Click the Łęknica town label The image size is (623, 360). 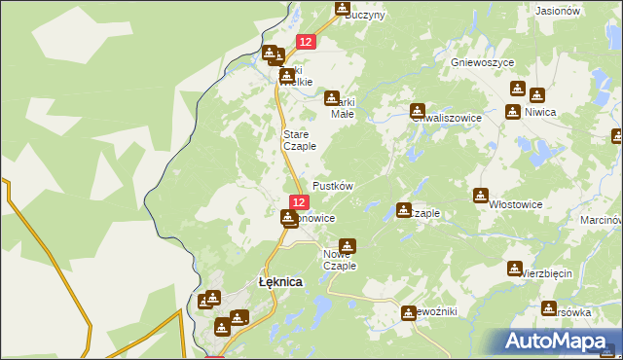pyautogui.click(x=279, y=281)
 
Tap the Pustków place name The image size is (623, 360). pyautogui.click(x=332, y=185)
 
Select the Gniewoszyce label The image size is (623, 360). pyautogui.click(x=482, y=61)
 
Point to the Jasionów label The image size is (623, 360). pyautogui.click(x=559, y=11)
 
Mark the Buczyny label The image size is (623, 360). pyautogui.click(x=365, y=16)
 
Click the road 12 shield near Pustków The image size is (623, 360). pyautogui.click(x=299, y=202)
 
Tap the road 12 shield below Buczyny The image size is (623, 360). pyautogui.click(x=306, y=42)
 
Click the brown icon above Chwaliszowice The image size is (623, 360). pyautogui.click(x=418, y=111)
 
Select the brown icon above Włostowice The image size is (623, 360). pyautogui.click(x=480, y=196)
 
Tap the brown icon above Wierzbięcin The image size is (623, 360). pyautogui.click(x=515, y=268)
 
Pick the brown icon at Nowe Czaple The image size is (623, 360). pyautogui.click(x=347, y=246)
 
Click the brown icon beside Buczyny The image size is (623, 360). pyautogui.click(x=342, y=9)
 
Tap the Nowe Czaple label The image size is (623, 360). pyautogui.click(x=340, y=260)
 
